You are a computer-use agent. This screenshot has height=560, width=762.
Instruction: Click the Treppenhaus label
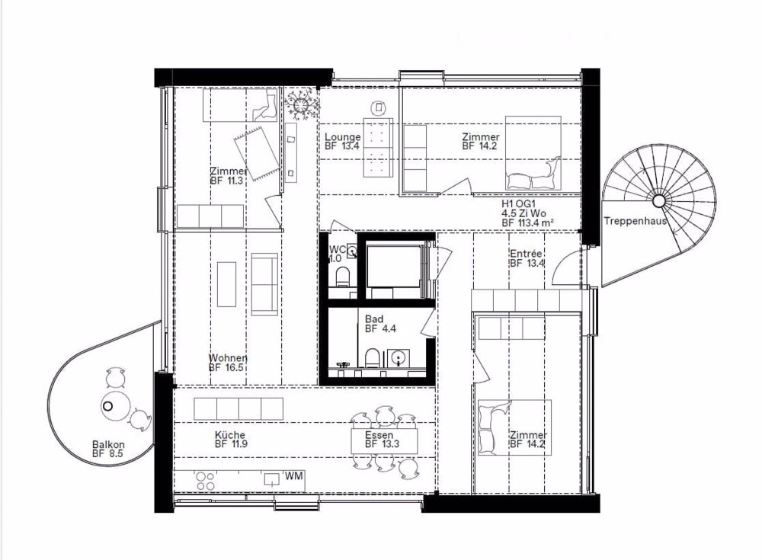pos(636,221)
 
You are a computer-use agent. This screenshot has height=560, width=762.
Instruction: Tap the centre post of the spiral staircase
pos(658,200)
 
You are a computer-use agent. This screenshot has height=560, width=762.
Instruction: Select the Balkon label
pos(108,444)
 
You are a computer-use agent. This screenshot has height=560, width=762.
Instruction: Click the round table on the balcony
pos(115,406)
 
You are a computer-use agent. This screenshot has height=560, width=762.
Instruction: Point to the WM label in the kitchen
pos(293,475)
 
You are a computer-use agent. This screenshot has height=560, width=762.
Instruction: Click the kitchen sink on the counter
pos(272,479)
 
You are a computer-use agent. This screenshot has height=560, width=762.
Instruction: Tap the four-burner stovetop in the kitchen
pos(205,482)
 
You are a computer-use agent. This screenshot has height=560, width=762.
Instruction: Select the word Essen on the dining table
pos(379,435)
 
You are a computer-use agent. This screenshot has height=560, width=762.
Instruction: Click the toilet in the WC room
pos(343,277)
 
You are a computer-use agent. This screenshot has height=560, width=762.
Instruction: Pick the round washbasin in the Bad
pos(399,359)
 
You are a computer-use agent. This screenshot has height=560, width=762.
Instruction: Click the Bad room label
pos(374,319)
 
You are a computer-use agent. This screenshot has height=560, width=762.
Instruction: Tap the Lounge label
pos(343,137)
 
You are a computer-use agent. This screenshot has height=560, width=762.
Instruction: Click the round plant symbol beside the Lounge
pos(301,105)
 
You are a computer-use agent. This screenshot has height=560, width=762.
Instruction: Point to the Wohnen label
pos(228,358)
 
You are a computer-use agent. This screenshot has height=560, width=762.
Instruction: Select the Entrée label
pos(526,254)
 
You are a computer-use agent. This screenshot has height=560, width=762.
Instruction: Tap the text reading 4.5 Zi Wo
pos(524,213)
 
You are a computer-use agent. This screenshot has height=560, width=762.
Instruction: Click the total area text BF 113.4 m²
pos(528,222)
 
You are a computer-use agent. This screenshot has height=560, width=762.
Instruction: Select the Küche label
pos(230,435)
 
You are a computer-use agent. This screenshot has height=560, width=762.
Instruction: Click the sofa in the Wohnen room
pos(264,284)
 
